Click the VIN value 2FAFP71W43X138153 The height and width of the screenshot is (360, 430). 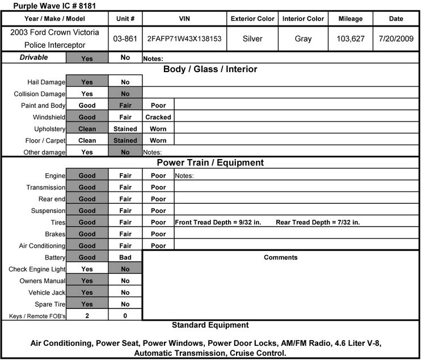click(x=184, y=40)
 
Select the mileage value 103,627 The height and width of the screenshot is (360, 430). click(x=350, y=40)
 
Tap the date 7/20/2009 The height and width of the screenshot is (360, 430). click(x=396, y=40)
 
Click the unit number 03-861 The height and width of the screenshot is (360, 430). click(x=125, y=40)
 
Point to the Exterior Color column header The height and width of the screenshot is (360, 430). click(x=252, y=19)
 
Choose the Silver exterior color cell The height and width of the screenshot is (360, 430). click(x=252, y=40)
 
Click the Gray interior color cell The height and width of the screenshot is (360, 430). click(x=303, y=40)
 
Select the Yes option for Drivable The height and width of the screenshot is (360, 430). click(x=87, y=58)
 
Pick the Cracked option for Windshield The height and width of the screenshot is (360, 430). click(x=158, y=117)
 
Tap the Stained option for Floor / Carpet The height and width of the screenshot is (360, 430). click(x=125, y=140)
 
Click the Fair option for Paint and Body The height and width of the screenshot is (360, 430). click(x=125, y=105)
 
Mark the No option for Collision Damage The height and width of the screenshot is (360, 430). click(x=125, y=94)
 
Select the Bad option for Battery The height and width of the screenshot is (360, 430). click(x=125, y=257)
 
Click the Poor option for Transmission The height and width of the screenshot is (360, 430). click(x=158, y=187)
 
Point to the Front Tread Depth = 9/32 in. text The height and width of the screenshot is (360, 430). click(x=218, y=223)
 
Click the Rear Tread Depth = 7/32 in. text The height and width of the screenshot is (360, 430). click(x=318, y=223)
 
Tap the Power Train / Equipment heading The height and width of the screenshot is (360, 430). click(x=210, y=163)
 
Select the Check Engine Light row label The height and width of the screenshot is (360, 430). click(x=37, y=269)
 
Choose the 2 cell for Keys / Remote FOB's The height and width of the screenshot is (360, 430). click(x=87, y=316)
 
